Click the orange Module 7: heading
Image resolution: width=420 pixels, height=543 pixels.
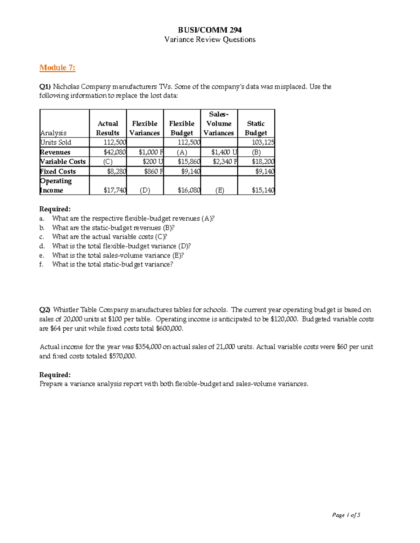coord(57,68)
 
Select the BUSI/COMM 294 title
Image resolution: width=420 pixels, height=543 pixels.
coord(210,30)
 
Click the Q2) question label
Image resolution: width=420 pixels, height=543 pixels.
coord(45,310)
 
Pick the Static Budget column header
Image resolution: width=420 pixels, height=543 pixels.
coord(256,128)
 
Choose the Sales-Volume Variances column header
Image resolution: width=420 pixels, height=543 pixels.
coord(219,123)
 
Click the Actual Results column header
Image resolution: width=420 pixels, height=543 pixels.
coord(108,128)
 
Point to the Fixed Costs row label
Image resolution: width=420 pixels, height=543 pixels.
coord(58,171)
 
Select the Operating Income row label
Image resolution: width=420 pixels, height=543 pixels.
coord(56,185)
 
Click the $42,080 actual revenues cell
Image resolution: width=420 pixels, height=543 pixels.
coord(115,152)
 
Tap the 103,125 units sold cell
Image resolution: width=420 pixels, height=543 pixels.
coord(263,142)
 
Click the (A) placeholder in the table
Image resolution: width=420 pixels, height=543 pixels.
coord(182,152)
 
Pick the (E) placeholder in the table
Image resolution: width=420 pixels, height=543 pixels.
coord(219,190)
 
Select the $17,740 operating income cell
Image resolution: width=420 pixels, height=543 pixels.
coord(115,190)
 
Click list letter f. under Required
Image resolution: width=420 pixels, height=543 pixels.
coord(42,265)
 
